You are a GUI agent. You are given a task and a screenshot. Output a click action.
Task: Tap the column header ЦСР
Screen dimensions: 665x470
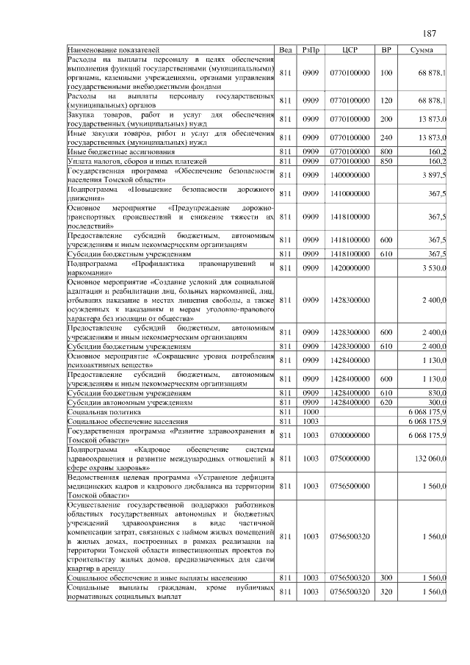(x=350, y=49)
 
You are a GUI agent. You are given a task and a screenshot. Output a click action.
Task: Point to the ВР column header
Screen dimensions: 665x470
(x=386, y=49)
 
